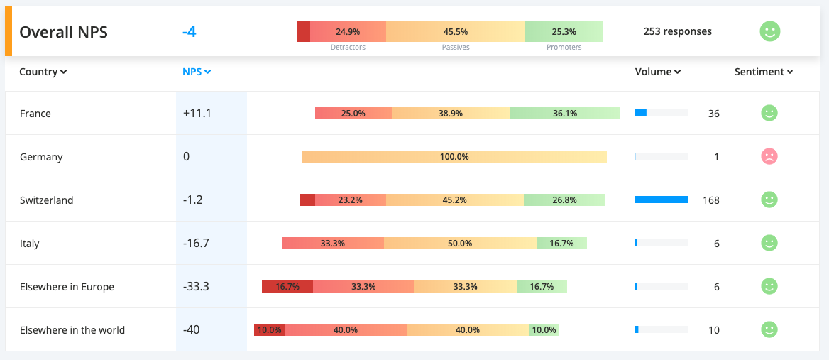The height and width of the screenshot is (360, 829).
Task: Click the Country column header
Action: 43,72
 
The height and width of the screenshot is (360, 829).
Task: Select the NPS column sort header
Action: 197,72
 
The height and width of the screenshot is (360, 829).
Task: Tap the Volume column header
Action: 657,72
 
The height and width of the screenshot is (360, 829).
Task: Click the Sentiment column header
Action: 763,72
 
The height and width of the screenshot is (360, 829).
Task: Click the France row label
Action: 35,114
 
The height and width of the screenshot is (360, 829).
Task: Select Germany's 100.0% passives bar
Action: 454,156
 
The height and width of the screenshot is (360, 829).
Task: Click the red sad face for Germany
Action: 769,156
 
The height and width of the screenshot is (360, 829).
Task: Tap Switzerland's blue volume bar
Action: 661,200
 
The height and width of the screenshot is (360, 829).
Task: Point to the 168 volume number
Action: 710,200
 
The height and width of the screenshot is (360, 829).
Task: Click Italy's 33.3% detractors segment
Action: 333,243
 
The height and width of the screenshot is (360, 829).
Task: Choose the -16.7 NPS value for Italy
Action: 196,243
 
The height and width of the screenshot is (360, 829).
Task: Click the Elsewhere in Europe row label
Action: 67,287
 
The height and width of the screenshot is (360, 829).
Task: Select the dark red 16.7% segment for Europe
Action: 287,286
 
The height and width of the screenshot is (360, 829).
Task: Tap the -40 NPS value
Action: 191,329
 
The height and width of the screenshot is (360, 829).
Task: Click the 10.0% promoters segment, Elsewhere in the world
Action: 544,329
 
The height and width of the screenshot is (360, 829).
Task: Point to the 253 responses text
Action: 677,31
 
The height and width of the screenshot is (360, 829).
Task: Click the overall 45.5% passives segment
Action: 455,31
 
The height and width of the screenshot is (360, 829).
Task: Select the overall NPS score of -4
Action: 189,32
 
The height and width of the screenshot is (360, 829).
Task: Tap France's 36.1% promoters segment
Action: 565,113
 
